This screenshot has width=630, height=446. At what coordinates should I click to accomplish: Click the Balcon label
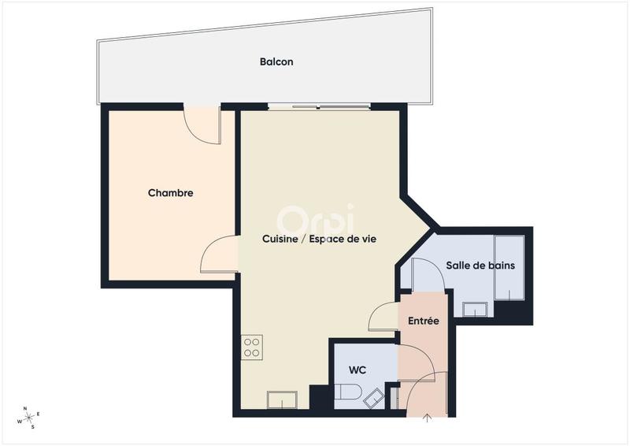click(276, 61)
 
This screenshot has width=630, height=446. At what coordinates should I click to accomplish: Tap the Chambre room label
click(171, 193)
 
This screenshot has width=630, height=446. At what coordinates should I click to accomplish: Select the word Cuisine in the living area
click(280, 240)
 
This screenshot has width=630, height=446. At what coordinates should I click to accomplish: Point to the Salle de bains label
click(480, 266)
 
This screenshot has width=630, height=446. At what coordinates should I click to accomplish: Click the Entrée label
click(423, 321)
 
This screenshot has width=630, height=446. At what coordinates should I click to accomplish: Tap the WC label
click(359, 370)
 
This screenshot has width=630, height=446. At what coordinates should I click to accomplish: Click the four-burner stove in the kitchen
click(252, 347)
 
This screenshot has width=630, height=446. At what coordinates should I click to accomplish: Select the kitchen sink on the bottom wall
click(282, 400)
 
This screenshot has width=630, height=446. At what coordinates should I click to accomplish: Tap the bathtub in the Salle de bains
click(509, 267)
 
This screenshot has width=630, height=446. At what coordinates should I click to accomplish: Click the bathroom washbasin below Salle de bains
click(476, 307)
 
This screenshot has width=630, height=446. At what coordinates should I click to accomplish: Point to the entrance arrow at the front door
click(428, 418)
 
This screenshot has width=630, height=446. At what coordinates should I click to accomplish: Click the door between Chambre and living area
click(220, 255)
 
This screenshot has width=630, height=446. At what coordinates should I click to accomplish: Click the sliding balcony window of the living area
click(319, 106)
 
